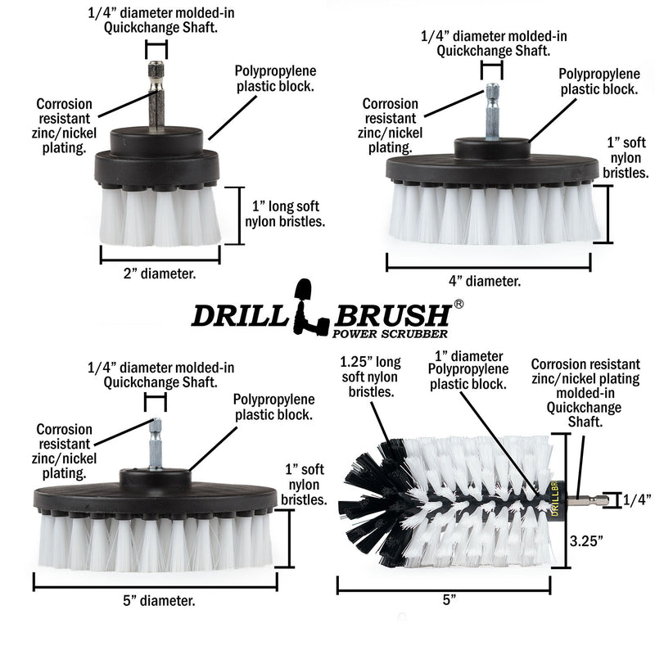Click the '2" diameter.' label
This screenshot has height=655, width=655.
tap(160, 275)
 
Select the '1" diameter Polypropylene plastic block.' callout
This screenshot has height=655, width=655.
tap(470, 369)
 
